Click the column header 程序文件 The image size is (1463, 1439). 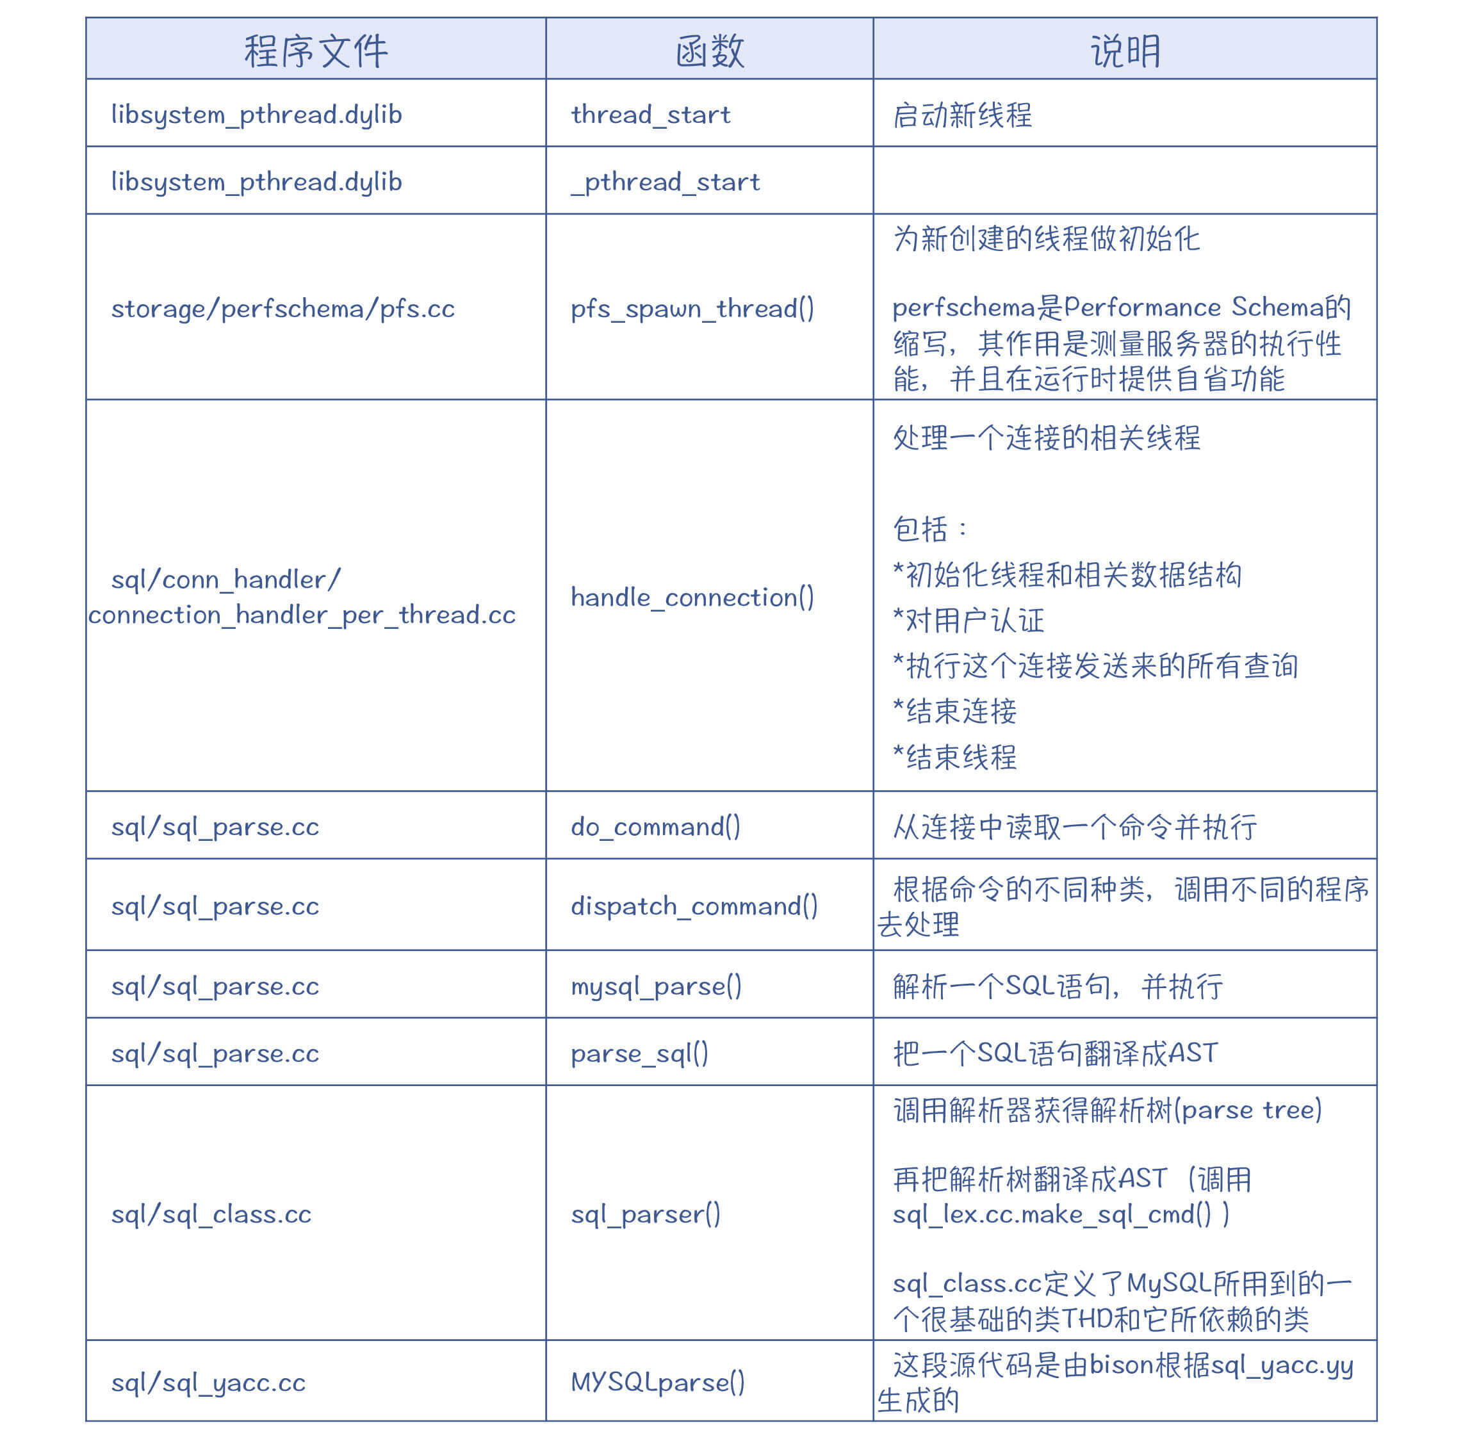pos(315,51)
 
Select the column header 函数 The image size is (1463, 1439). pos(709,51)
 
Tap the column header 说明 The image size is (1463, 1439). pos(1124,51)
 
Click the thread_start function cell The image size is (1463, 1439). pos(650,114)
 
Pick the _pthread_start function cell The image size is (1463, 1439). pos(665,181)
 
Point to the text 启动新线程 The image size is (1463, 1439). pos(961,115)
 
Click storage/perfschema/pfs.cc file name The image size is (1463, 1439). pos(282,309)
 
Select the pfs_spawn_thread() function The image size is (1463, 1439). pos(692,309)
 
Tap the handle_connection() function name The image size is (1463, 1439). pos(692,597)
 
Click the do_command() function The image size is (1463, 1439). pos(655,826)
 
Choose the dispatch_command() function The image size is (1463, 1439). pos(693,906)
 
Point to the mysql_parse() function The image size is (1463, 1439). pos(655,986)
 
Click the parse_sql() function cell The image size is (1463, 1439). pos(639,1053)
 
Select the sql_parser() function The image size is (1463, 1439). pos(645,1214)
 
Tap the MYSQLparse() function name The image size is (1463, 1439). pos(657,1381)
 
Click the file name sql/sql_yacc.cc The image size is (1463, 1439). pos(208,1382)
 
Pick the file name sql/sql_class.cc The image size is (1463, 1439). pos(211,1214)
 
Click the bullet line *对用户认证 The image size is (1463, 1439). pos(968,621)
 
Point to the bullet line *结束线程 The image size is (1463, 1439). pos(954,756)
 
